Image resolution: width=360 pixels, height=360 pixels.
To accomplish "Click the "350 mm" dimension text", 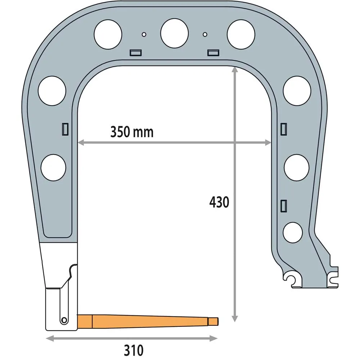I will click(132, 132).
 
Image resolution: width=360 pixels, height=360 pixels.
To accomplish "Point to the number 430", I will click(219, 203).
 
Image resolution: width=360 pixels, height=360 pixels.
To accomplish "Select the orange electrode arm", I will click(144, 320).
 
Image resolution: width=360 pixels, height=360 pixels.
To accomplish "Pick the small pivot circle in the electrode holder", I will click(64, 320).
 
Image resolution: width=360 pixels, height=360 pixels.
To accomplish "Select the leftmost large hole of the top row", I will click(108, 35).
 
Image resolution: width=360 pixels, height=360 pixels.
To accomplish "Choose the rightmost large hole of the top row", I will click(241, 35).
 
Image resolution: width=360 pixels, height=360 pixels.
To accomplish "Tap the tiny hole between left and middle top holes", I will click(144, 34).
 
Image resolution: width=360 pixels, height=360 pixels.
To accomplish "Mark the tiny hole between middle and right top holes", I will click(205, 34).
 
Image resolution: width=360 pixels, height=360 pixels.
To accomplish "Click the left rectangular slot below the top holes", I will click(135, 53).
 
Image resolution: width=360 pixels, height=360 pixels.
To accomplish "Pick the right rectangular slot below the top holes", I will click(213, 53).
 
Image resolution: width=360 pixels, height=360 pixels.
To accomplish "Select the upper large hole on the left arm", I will click(52, 91).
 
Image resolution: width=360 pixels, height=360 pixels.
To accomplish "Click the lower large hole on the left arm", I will click(54, 167).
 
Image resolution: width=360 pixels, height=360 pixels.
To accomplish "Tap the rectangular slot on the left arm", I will click(66, 129).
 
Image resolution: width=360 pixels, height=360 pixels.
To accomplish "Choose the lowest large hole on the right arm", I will click(293, 232).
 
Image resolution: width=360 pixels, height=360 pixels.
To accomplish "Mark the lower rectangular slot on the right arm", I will click(283, 205).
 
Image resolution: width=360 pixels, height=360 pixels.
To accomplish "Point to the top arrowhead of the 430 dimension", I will click(235, 70).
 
